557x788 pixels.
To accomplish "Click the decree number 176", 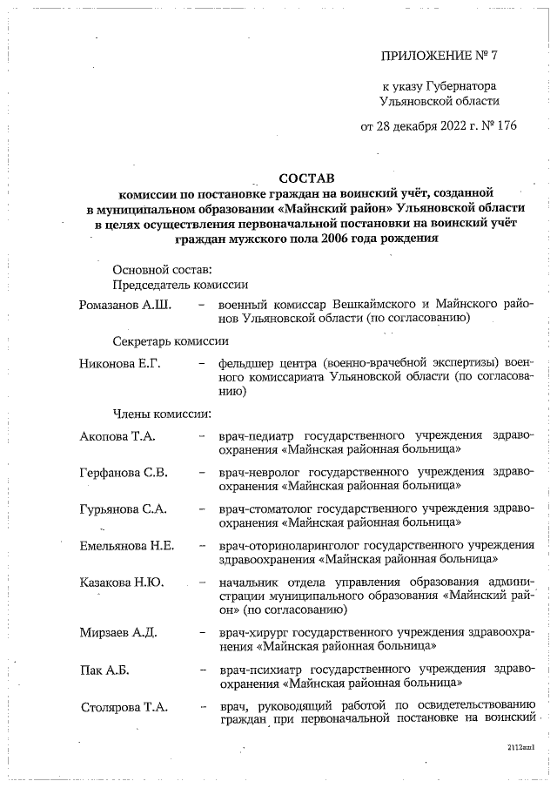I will click(505, 125).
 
